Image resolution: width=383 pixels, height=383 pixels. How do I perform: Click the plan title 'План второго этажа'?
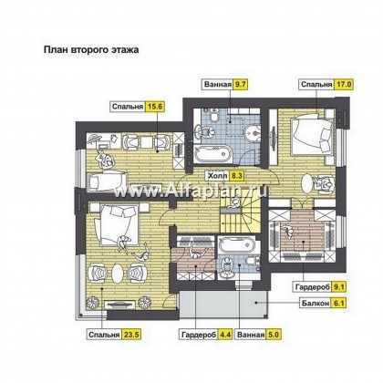[x=91, y=49]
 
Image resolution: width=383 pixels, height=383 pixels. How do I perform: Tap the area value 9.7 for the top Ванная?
[x=240, y=84]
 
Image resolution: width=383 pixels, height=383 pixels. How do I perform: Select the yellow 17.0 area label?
[x=344, y=84]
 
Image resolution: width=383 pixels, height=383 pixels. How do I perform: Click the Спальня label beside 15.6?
[x=128, y=107]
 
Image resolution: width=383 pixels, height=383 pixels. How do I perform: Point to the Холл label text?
[x=217, y=175]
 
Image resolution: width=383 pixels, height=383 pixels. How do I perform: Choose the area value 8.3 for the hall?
[x=236, y=175]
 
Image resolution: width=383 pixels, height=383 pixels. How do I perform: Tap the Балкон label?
[x=316, y=303]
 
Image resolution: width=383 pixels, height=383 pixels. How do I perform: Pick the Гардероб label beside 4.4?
[x=199, y=335]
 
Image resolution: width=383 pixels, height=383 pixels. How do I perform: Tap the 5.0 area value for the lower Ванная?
[x=274, y=335]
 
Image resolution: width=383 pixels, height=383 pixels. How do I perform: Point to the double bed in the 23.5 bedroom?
[x=117, y=224]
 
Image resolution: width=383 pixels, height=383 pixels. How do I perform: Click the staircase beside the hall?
[x=240, y=213]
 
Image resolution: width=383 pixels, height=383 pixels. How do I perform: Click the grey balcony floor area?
[x=223, y=305]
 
